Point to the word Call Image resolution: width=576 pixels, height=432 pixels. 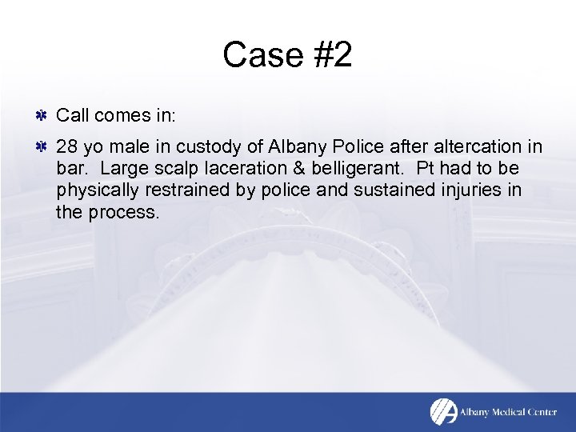(x=73, y=116)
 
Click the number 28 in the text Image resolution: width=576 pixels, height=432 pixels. (x=66, y=147)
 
